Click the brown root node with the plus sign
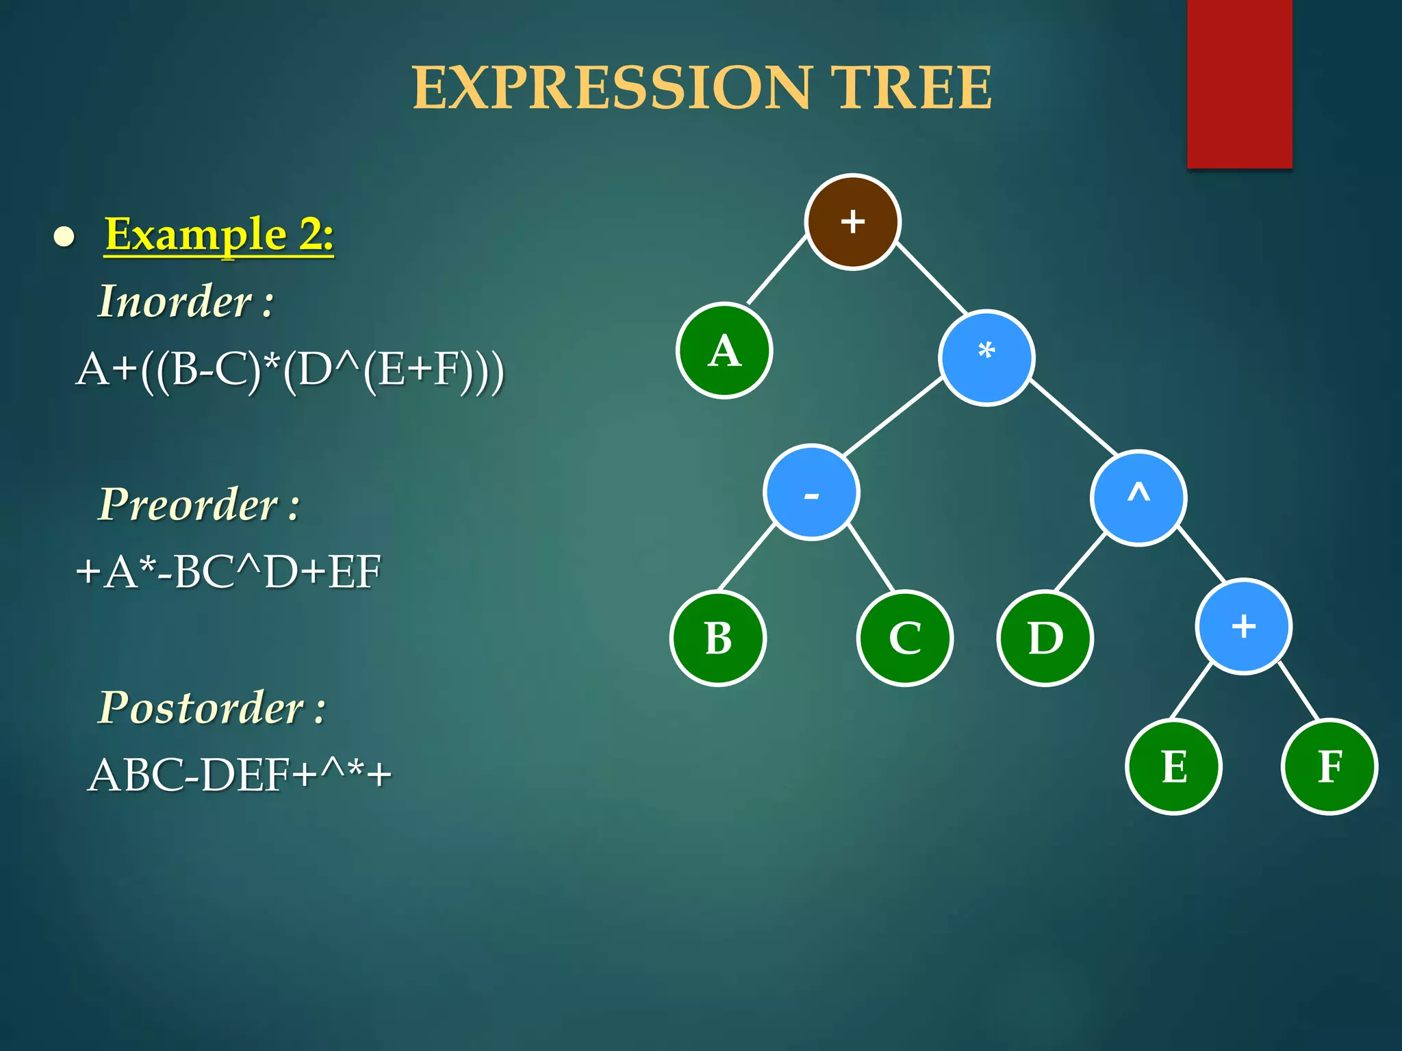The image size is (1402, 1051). click(x=852, y=222)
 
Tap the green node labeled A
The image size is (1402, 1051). click(x=724, y=350)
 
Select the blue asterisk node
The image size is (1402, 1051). click(x=986, y=357)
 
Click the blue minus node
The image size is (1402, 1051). click(x=811, y=493)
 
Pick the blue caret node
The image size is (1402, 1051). click(x=1138, y=497)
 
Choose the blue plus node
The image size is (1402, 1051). click(x=1243, y=627)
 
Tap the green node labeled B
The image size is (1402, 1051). click(x=718, y=638)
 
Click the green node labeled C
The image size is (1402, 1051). click(x=904, y=638)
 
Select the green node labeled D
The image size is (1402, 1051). click(x=1045, y=638)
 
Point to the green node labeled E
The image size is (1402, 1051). click(x=1173, y=766)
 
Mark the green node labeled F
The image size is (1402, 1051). click(x=1329, y=766)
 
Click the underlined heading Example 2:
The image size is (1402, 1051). click(x=219, y=234)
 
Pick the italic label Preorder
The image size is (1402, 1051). click(x=189, y=504)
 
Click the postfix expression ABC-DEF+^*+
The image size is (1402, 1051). click(x=240, y=775)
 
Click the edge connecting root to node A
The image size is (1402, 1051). click(x=777, y=270)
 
